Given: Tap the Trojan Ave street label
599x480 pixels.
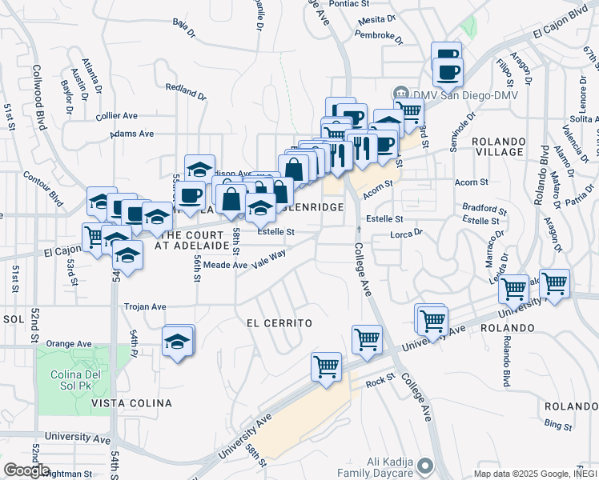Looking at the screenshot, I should pos(144,306).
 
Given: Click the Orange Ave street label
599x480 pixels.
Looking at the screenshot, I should pos(69,343).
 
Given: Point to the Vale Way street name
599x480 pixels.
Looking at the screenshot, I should pos(268,258).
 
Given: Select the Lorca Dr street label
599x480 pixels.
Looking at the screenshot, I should pos(405,234).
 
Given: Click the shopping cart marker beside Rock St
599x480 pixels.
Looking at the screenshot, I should pos(326,367).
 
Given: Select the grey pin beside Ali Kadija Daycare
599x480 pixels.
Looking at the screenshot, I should pos(424,465).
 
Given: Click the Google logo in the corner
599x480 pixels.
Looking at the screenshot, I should pos(26,470).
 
